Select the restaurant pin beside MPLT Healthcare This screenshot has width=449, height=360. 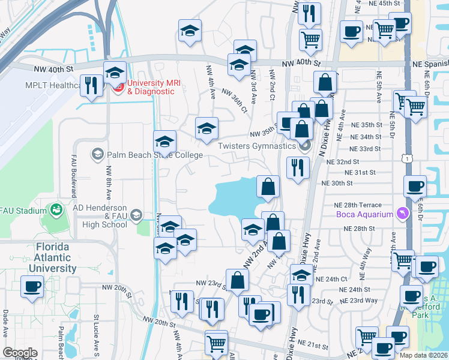coord(92,85)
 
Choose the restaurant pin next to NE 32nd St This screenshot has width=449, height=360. coord(297,167)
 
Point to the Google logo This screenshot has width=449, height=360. coord(20,353)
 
